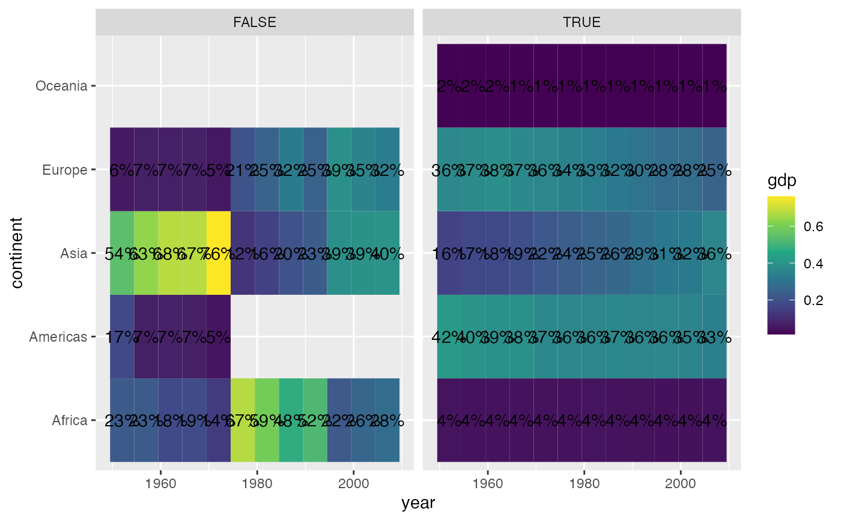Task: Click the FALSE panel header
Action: pos(255,22)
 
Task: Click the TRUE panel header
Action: pos(581,22)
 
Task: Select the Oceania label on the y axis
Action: pos(62,86)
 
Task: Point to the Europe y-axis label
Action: pos(65,170)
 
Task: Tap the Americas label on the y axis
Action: pos(58,337)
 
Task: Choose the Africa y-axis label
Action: pos(70,420)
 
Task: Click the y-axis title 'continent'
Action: pos(17,253)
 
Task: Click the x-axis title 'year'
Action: pos(418,503)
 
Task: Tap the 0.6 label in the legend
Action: pos(814,226)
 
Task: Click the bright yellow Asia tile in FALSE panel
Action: pos(219,253)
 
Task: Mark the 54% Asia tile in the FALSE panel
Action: pos(122,253)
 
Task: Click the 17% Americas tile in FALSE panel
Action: pos(122,337)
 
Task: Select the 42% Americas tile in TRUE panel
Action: pos(449,337)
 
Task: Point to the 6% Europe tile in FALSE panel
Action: pos(122,170)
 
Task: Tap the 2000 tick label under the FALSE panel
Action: pos(353,484)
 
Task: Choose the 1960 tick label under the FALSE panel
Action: pos(160,484)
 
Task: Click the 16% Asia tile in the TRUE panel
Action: pos(449,253)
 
